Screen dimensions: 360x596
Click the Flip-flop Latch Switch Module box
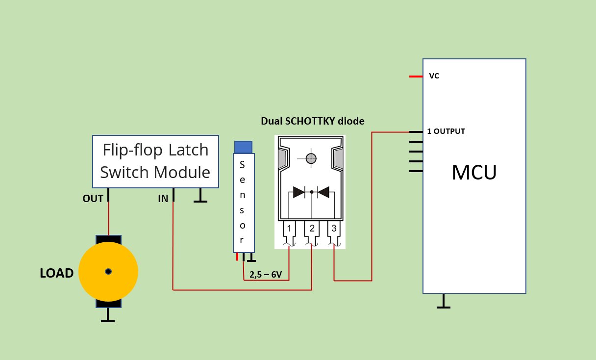(x=155, y=161)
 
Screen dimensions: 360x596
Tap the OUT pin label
(x=93, y=199)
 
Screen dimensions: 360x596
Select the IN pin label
(x=163, y=199)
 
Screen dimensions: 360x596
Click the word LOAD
(x=56, y=273)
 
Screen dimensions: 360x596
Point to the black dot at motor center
(x=108, y=272)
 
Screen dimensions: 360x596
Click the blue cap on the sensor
(x=243, y=147)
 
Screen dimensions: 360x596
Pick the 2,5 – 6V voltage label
(x=266, y=275)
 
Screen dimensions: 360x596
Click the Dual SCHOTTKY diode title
(x=313, y=121)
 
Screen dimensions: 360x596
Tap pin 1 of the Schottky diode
(x=289, y=229)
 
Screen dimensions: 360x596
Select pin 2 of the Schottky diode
(x=312, y=229)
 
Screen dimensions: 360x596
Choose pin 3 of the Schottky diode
(x=334, y=229)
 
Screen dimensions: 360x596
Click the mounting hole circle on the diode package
(x=311, y=158)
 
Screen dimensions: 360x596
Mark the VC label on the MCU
(x=434, y=76)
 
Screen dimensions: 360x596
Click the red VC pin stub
(x=416, y=77)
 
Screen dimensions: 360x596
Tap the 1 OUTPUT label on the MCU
(x=446, y=131)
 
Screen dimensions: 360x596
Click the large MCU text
(x=474, y=172)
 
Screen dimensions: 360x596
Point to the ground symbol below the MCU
(x=444, y=302)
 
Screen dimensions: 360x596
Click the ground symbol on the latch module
(x=199, y=196)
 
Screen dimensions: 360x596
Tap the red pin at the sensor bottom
(x=237, y=257)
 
